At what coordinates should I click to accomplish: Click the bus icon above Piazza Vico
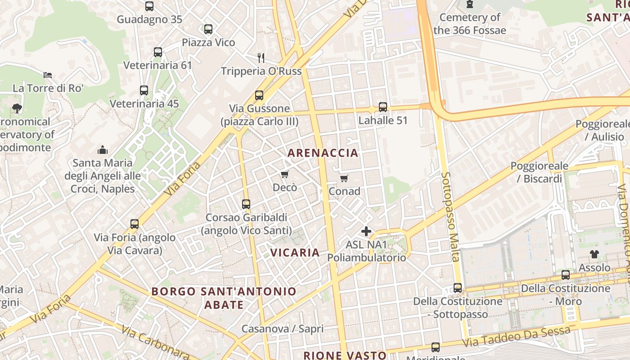coord(208,29)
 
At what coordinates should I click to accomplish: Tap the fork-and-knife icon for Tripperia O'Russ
coord(261,58)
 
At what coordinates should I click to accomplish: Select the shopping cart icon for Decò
coord(284,174)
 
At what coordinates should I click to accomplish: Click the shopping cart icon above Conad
coord(344,178)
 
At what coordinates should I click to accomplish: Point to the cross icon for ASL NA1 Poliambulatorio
coord(366,231)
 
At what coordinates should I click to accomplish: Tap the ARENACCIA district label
coord(323,153)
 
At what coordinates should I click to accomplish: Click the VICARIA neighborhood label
coord(295,252)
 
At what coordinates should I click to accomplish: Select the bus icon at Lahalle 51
coord(382,107)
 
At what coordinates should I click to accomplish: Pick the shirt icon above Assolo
coord(594,254)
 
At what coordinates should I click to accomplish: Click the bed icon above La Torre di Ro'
coord(48,75)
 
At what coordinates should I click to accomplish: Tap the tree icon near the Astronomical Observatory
coord(17,108)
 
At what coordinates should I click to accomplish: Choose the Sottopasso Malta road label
coord(450,216)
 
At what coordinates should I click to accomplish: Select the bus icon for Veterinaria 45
coord(144,90)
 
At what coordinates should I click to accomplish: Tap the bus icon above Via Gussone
coord(259,95)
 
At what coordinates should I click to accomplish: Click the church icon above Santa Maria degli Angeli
coord(103,150)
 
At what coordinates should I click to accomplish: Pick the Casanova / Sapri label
coord(282,329)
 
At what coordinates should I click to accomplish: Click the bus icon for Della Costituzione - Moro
coord(566,275)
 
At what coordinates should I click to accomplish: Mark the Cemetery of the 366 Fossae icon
coord(470,4)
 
